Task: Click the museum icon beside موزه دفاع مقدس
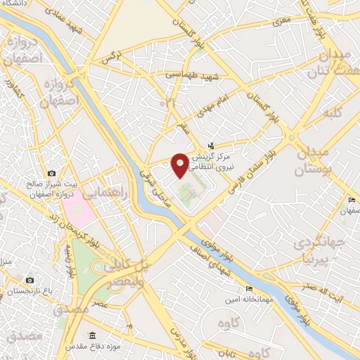92,335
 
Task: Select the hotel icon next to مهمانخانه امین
248,289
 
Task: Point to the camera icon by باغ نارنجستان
30,281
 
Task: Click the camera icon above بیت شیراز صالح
51,173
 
